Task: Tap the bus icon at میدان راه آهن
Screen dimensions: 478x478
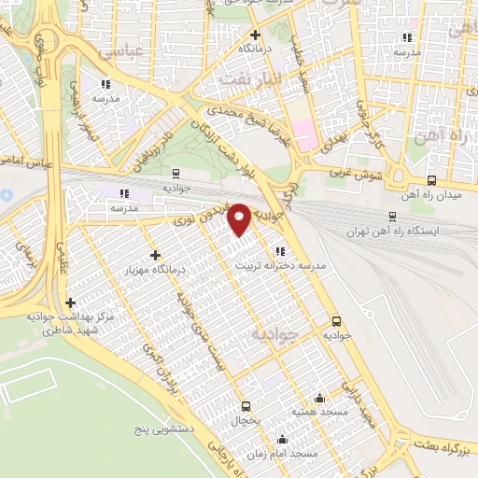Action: point(431,181)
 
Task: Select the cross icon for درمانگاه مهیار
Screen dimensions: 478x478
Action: point(155,254)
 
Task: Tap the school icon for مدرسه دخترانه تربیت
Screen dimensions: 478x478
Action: point(280,250)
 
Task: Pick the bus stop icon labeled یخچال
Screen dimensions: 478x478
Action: point(246,405)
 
